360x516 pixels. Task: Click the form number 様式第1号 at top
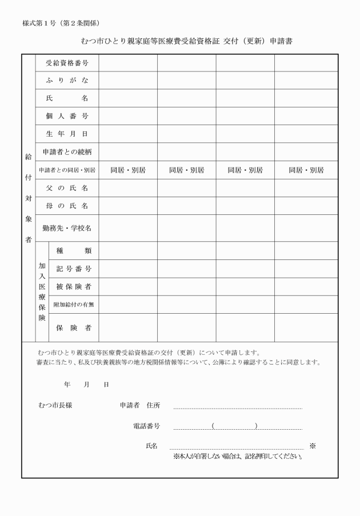61,23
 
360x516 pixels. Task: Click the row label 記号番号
74,269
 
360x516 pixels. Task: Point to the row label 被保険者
74,286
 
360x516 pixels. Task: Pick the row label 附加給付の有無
74,305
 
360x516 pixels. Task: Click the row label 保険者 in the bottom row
74,327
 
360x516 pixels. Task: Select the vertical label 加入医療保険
42,291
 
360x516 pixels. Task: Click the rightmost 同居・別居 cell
306,170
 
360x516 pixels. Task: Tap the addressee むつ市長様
55,405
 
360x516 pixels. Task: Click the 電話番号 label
146,426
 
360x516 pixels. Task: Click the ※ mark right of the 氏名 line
313,446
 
